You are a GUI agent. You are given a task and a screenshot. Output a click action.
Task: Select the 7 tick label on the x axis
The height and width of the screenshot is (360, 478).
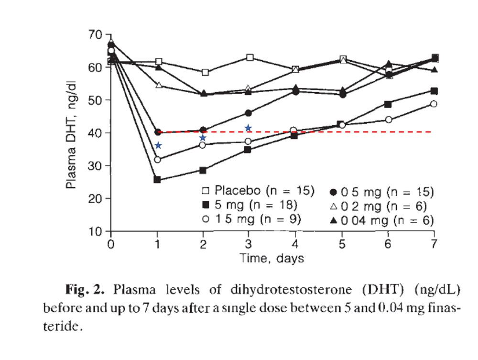click(434, 244)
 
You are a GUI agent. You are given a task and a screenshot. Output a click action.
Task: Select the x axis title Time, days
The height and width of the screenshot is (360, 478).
click(272, 259)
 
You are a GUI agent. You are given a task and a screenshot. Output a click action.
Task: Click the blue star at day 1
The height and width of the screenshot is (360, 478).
click(158, 145)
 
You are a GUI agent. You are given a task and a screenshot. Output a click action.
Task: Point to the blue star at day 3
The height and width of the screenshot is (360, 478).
click(248, 128)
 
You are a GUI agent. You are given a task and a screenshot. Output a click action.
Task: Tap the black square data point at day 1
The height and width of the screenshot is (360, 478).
click(157, 180)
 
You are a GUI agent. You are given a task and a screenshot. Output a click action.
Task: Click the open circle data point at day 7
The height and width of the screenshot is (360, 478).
click(434, 104)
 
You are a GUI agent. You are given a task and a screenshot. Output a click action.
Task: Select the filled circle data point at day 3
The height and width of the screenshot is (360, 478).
click(248, 113)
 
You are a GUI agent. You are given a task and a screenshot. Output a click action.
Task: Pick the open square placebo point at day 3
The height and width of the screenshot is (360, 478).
click(249, 57)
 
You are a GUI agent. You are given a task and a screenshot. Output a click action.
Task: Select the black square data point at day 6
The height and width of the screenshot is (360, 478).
click(388, 104)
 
